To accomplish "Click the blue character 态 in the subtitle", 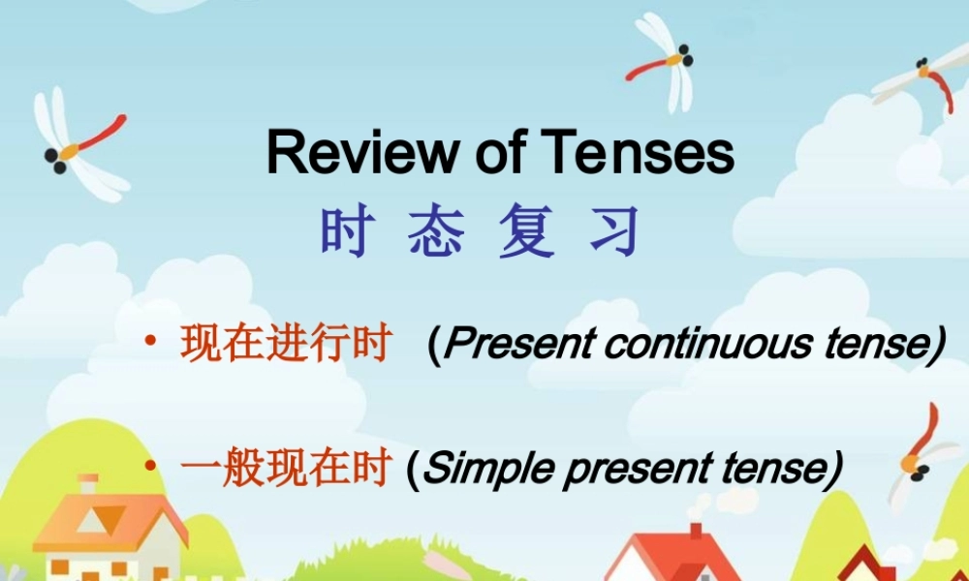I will pos(435,233).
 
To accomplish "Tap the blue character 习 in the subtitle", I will pos(615,233).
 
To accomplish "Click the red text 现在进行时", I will pos(286,345).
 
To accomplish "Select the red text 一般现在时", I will pos(286,469).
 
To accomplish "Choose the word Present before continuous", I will pos(515,345).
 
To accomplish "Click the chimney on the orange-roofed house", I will pos(88,484).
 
